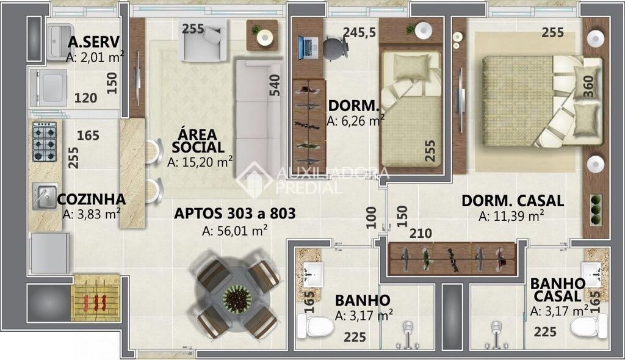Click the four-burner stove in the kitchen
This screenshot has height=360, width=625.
[44, 142]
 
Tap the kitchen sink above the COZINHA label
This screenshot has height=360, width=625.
[44, 196]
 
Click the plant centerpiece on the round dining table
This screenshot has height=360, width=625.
[237, 298]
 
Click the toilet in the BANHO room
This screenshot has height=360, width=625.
[316, 326]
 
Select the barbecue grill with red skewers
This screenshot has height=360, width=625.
[96, 298]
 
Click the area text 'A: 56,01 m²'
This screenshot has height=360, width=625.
[234, 231]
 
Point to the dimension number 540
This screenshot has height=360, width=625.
[274, 85]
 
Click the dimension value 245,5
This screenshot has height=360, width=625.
[359, 32]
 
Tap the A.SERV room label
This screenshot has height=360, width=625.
[93, 42]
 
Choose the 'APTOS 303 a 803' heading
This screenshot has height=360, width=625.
[235, 214]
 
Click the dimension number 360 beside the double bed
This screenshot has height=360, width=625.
[588, 87]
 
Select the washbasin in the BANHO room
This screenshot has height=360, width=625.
[313, 274]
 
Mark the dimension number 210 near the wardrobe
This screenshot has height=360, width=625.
[421, 233]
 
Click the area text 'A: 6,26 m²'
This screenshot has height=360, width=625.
[355, 120]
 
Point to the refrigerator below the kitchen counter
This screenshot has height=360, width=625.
[49, 253]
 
